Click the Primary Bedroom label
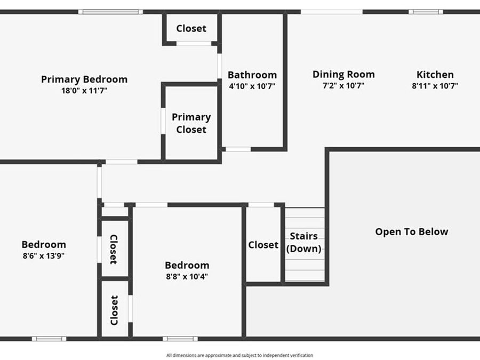click(x=84, y=79)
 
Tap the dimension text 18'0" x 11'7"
click(x=84, y=91)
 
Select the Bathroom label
click(x=252, y=75)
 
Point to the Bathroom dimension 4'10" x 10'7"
click(x=252, y=85)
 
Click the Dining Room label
click(x=343, y=75)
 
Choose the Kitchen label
click(x=435, y=75)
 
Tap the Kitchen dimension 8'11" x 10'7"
click(x=435, y=85)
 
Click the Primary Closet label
click(x=191, y=123)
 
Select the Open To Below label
click(x=412, y=231)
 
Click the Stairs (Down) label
click(x=304, y=242)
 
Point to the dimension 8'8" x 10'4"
click(x=187, y=276)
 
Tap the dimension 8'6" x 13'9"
click(x=44, y=255)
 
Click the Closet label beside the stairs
click(x=263, y=245)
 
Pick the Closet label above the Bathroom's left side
click(x=191, y=29)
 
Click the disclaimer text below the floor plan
click(x=239, y=355)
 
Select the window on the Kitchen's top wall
click(x=426, y=12)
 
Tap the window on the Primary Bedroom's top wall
click(x=110, y=12)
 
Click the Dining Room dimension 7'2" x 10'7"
click(x=343, y=85)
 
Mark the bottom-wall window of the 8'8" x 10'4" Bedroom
click(x=180, y=339)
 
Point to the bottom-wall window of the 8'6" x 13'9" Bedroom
click(x=49, y=339)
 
